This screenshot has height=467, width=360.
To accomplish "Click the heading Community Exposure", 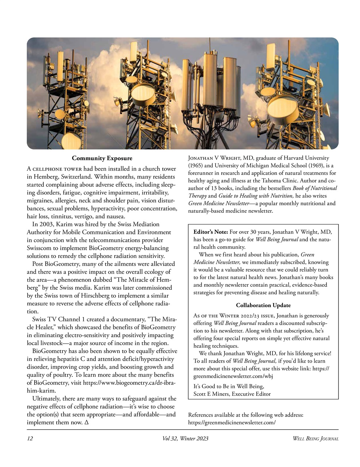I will (102, 158).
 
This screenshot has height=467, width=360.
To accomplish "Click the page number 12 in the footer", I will (30, 439).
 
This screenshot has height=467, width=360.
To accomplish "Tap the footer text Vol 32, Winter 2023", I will (185, 439).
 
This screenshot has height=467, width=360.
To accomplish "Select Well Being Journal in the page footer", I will (315, 439).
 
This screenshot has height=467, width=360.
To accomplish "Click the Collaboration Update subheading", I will (263, 305).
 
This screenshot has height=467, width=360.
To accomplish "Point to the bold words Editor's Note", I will (211, 232).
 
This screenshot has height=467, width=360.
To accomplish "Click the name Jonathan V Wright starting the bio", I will (214, 158).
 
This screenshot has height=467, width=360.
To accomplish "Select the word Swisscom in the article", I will (39, 248).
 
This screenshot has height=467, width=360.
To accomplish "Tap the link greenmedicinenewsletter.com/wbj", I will (233, 376).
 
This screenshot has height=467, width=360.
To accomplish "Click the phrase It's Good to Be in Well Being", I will (229, 386).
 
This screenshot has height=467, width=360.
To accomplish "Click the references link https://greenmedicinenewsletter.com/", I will (231, 422).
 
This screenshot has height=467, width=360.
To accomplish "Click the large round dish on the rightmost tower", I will (283, 109).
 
